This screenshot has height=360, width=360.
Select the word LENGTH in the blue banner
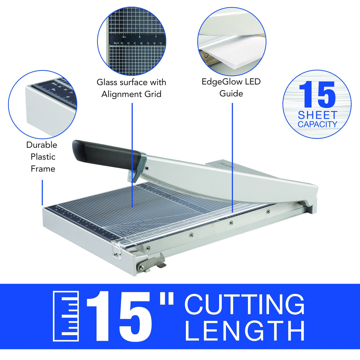point(245,331)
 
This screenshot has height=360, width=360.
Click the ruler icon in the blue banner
point(66,316)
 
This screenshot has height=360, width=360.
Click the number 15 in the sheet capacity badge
point(317,95)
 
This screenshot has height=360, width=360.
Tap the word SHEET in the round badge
point(317,115)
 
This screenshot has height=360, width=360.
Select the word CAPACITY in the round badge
point(317,125)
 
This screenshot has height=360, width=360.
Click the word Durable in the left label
point(42,145)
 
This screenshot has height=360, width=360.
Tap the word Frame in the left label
point(43,169)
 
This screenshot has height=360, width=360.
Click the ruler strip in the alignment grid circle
point(136,40)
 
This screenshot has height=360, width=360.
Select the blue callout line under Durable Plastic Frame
point(42,193)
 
